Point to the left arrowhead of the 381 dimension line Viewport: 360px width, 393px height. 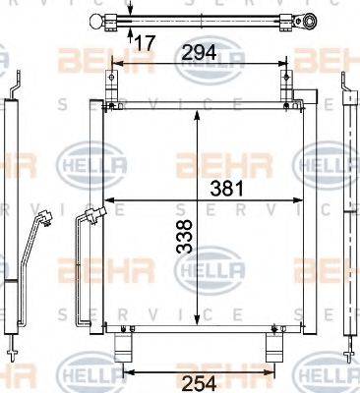click(x=106, y=206)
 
